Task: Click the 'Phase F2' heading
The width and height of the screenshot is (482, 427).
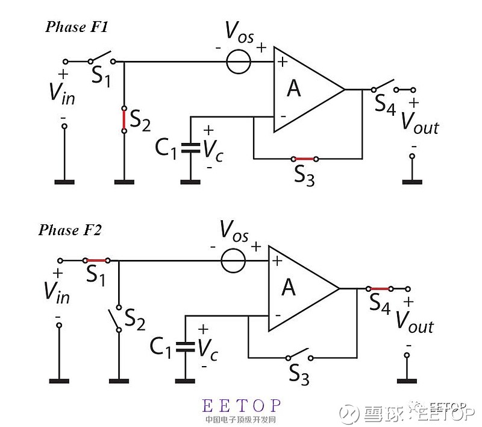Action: click(70, 230)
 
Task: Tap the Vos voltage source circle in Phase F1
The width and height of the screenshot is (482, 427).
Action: click(239, 62)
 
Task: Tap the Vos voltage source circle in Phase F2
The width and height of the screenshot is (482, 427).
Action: click(233, 261)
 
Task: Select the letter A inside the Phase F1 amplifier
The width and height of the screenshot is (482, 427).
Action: click(293, 89)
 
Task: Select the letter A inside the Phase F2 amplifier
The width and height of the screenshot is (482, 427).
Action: click(289, 288)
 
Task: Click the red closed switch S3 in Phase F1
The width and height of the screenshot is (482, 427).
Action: click(304, 159)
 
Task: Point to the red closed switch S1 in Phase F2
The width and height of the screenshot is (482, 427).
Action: click(96, 261)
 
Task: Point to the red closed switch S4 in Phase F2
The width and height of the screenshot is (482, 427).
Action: click(379, 289)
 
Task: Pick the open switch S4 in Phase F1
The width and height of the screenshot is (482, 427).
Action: click(384, 86)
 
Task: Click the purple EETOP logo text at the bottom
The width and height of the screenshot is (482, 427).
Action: click(242, 406)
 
